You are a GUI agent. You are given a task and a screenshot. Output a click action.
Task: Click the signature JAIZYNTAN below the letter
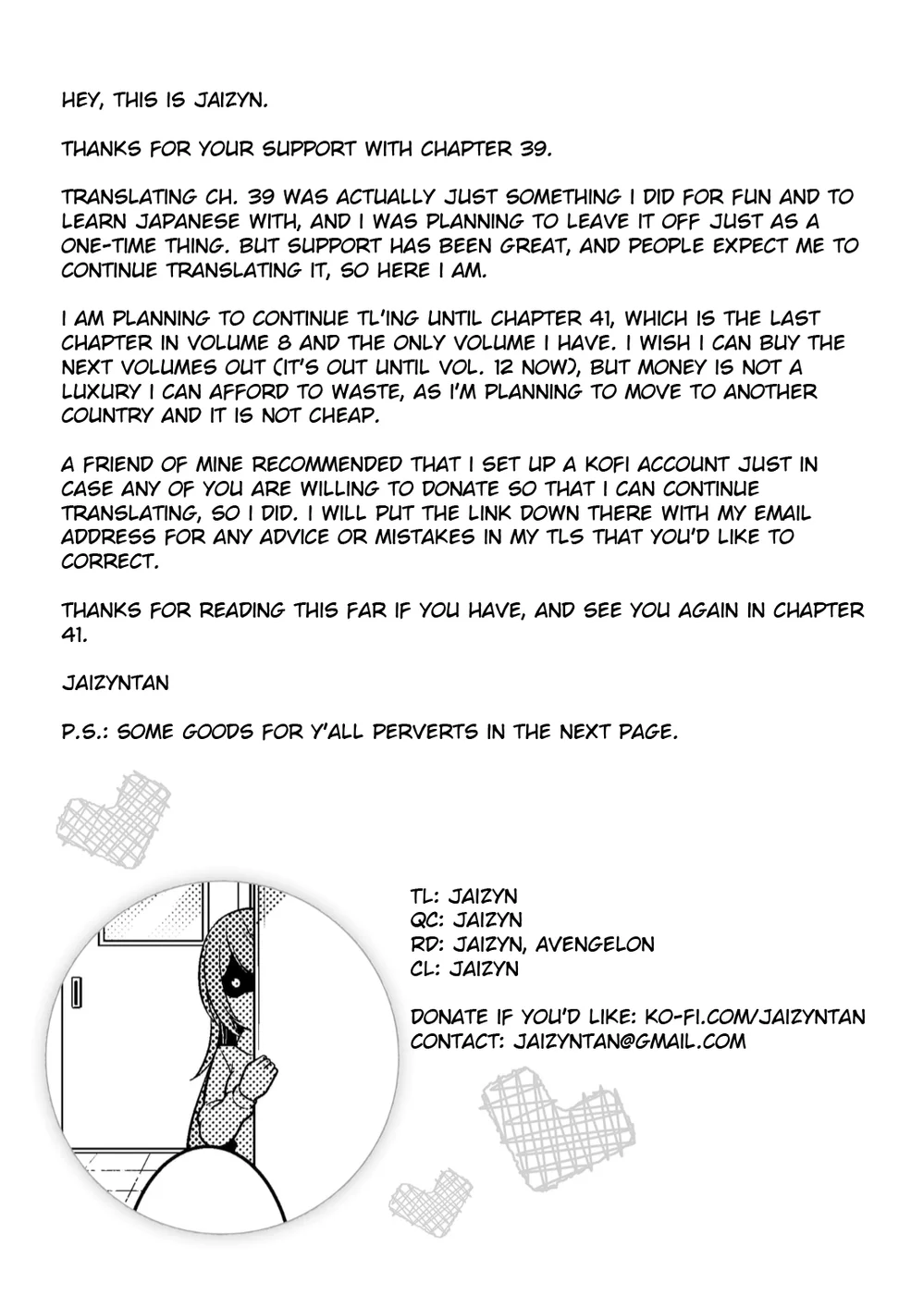click(x=116, y=683)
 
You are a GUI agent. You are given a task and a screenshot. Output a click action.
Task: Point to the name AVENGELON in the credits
click(x=595, y=944)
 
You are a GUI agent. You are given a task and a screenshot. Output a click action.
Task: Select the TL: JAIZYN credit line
click(x=464, y=896)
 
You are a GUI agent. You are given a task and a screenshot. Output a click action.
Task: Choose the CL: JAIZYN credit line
click(x=464, y=969)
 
